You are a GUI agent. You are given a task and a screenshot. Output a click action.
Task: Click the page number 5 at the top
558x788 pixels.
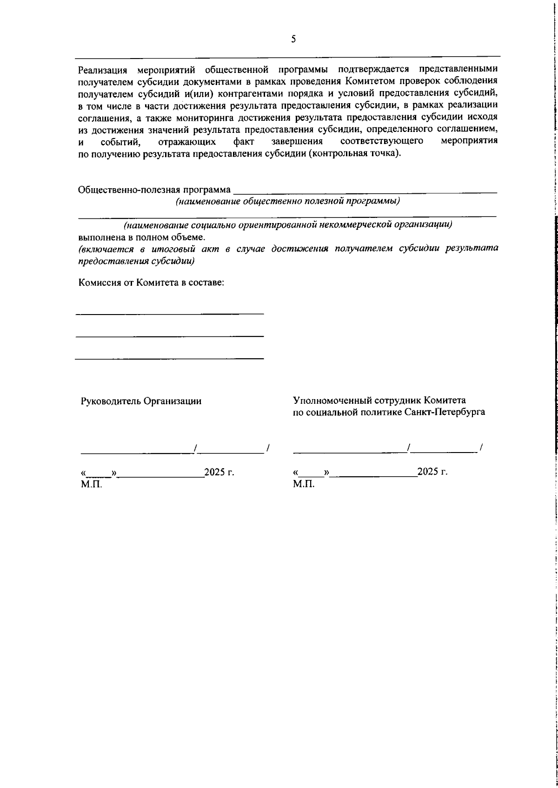pyautogui.click(x=293, y=39)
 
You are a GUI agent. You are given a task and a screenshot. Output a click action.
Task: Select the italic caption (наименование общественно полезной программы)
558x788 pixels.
pyautogui.click(x=288, y=202)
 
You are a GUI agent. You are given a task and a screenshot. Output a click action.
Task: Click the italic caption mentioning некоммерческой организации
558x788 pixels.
pyautogui.click(x=288, y=225)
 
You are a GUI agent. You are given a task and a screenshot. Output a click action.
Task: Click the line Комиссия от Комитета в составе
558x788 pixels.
pyautogui.click(x=152, y=283)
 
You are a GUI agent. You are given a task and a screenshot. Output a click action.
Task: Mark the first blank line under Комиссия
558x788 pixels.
pyautogui.click(x=170, y=314)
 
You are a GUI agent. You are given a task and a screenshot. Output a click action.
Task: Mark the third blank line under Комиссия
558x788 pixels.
pyautogui.click(x=170, y=358)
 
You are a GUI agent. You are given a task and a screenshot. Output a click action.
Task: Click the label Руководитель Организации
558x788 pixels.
pyautogui.click(x=141, y=401)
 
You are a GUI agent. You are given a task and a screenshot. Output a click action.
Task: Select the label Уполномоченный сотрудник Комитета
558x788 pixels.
pyautogui.click(x=379, y=401)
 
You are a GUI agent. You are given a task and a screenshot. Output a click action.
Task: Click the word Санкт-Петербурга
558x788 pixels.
pyautogui.click(x=445, y=412)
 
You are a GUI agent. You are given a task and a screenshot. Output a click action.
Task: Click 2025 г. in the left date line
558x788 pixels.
pyautogui.click(x=219, y=473)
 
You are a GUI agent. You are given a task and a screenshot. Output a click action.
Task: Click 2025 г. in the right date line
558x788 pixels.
pyautogui.click(x=432, y=473)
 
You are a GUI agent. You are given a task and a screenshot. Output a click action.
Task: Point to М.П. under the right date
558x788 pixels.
pyautogui.click(x=304, y=485)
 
